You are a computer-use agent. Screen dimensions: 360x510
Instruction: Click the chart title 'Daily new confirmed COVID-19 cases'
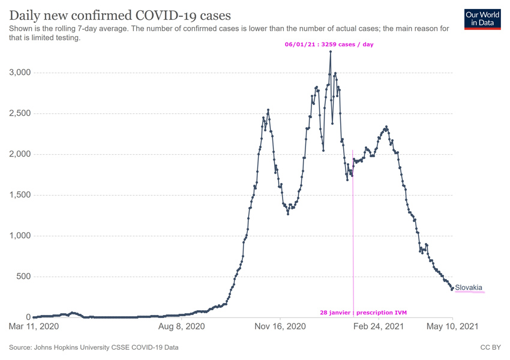point(120,14)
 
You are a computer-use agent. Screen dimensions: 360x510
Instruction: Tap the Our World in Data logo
point(483,19)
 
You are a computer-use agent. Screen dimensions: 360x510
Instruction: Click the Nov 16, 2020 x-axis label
point(281,327)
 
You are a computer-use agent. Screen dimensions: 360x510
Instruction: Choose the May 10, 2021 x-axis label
point(452,327)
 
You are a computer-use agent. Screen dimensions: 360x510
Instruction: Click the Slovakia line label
point(469,287)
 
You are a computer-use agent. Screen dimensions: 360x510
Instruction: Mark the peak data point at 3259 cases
point(331,52)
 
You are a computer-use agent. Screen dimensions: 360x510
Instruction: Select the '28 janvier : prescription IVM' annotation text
point(364,313)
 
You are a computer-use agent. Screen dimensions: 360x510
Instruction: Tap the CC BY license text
point(490,347)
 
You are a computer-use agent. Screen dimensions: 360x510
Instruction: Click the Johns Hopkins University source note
point(93,347)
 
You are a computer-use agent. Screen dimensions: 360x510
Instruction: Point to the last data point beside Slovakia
point(452,289)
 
